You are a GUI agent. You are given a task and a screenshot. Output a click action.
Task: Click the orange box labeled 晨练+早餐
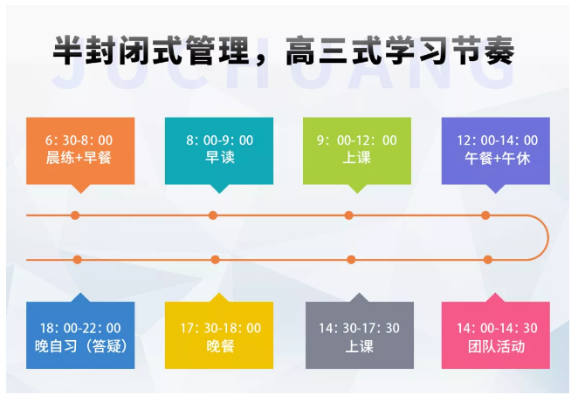click(80, 150)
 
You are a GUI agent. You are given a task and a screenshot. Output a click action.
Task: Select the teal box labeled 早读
click(218, 150)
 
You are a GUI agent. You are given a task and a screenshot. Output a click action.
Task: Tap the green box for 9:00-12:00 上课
click(356, 150)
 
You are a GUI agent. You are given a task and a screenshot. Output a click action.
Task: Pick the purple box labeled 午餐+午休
click(496, 150)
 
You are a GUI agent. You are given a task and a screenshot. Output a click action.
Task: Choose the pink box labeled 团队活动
click(496, 337)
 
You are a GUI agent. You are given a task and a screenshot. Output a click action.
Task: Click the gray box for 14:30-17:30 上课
click(358, 337)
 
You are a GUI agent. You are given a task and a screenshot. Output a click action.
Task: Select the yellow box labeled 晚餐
click(219, 337)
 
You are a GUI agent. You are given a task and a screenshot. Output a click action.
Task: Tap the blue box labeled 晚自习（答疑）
click(80, 337)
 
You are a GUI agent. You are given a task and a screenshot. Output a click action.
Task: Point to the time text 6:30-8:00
click(79, 140)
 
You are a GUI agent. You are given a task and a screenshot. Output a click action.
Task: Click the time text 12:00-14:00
click(497, 140)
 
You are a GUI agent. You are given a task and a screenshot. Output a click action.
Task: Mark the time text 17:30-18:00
click(220, 328)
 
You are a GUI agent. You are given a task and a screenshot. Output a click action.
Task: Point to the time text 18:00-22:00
click(80, 328)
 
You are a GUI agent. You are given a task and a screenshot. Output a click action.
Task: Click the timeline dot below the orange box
click(76, 215)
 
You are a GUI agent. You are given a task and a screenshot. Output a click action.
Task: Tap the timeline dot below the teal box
click(213, 215)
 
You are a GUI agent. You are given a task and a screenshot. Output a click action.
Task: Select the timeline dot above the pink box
click(489, 259)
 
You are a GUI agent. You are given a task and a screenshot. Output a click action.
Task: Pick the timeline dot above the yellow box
click(216, 259)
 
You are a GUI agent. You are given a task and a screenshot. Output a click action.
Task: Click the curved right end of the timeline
click(547, 237)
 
